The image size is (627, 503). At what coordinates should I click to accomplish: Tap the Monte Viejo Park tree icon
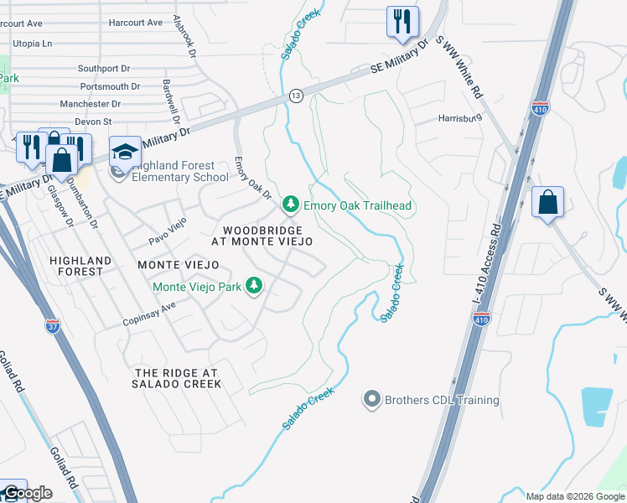254,287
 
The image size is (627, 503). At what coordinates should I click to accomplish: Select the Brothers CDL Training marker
372,400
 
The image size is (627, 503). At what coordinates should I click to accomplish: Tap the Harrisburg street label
460,119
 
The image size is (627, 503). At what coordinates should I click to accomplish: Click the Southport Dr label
105,69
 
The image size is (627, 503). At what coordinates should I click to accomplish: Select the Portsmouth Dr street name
110,86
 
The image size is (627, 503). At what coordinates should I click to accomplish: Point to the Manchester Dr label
90,104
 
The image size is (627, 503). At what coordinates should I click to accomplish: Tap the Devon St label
94,122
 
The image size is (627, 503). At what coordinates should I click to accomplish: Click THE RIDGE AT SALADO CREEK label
177,378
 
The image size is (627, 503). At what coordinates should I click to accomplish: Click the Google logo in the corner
27,493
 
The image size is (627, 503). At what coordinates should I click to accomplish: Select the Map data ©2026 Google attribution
574,496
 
